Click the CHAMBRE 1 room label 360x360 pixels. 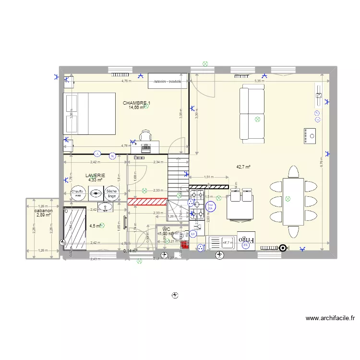pyautogui.click(x=137, y=103)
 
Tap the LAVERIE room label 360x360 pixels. pyautogui.click(x=95, y=176)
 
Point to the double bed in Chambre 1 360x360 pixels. pyautogui.click(x=90, y=114)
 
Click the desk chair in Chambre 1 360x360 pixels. pyautogui.click(x=146, y=136)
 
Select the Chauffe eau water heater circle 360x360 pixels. pyautogui.click(x=78, y=193)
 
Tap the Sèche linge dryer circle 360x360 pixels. pyautogui.click(x=112, y=193)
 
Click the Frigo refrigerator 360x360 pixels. pyautogui.click(x=247, y=239)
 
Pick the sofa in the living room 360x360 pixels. pyautogui.click(x=252, y=113)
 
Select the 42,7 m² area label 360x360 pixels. pyautogui.click(x=243, y=167)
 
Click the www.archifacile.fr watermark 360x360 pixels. pyautogui.click(x=330, y=318)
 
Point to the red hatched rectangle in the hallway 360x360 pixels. pyautogui.click(x=146, y=201)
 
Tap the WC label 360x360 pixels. pyautogui.click(x=167, y=229)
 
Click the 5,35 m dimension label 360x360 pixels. pyautogui.click(x=259, y=81)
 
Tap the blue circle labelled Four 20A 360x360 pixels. pyautogui.click(x=210, y=206)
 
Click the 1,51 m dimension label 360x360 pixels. pyautogui.click(x=209, y=177)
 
